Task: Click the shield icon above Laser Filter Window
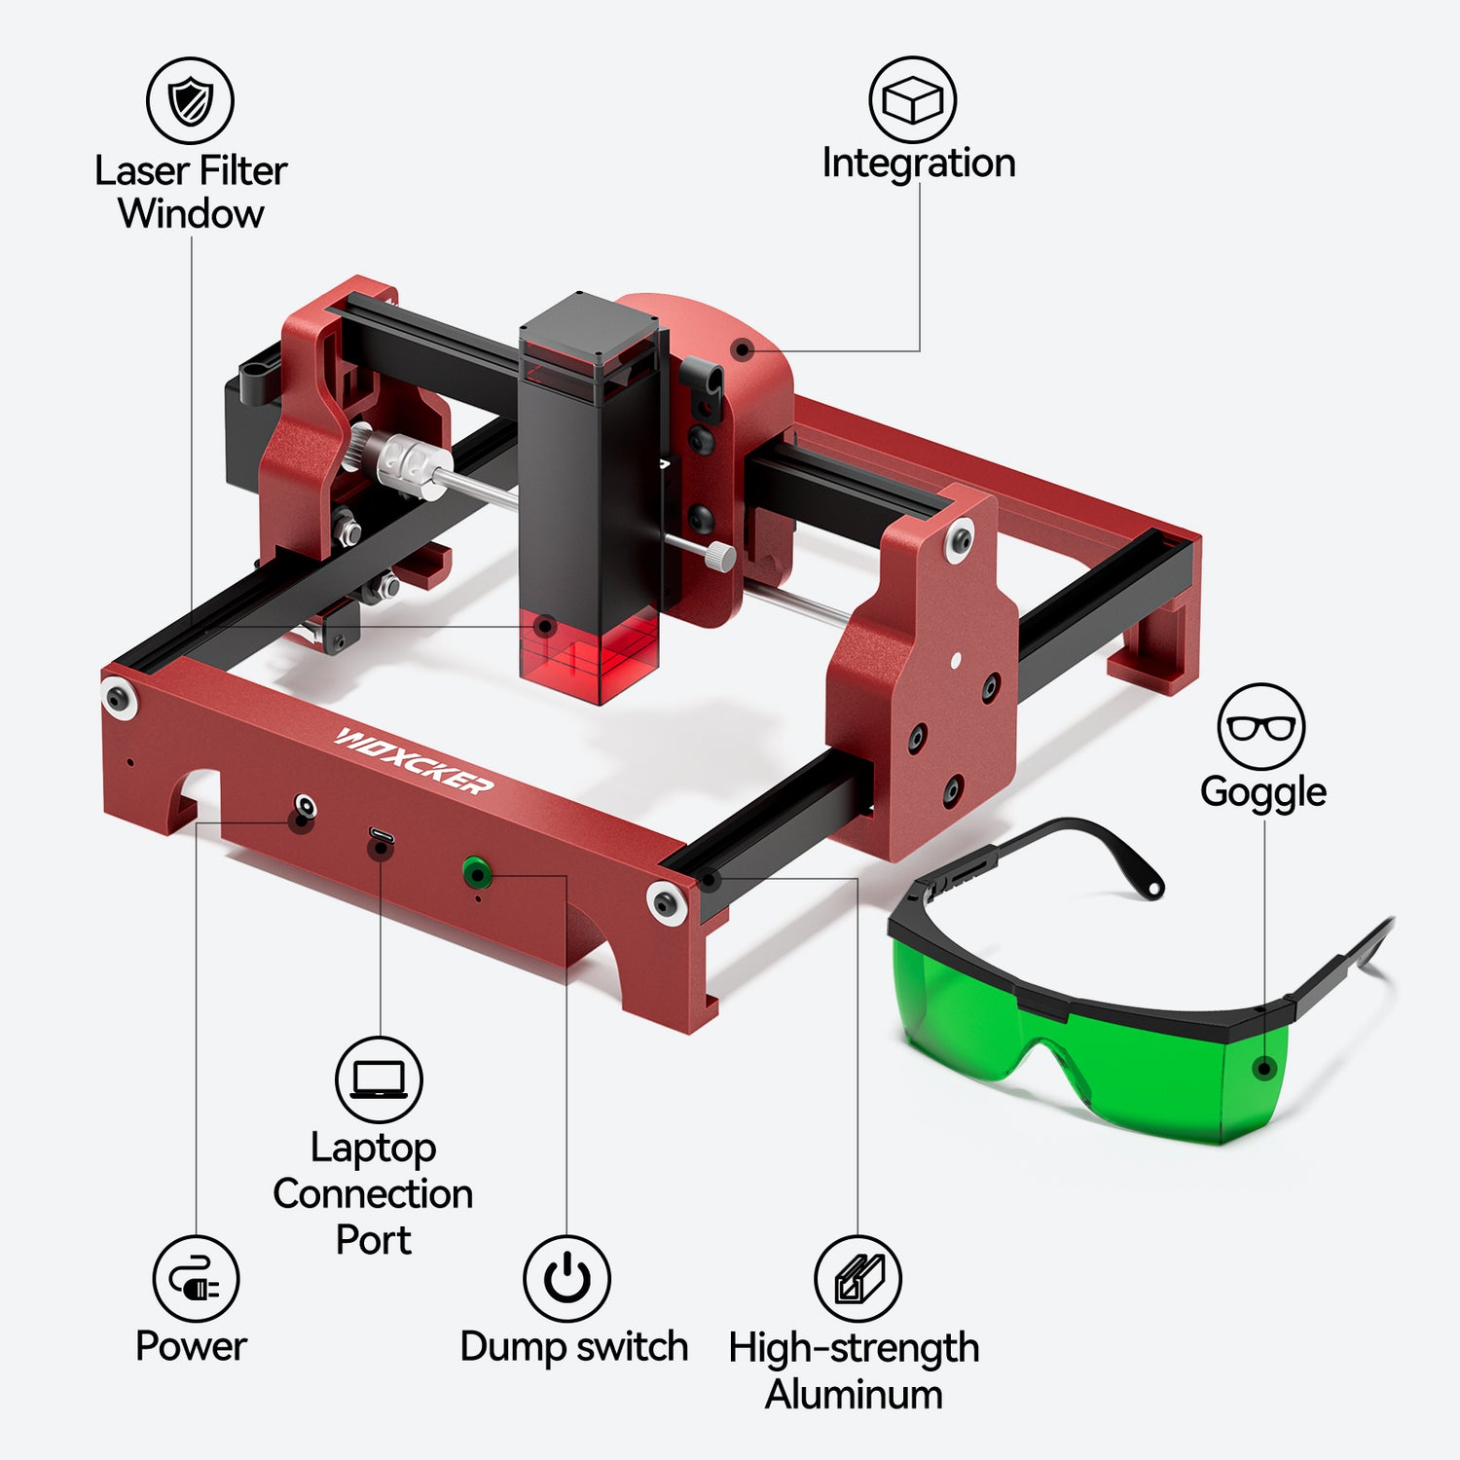[x=190, y=100]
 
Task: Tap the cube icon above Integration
[x=912, y=99]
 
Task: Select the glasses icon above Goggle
[x=1260, y=727]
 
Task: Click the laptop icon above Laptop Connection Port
[x=379, y=1079]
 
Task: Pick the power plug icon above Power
[x=196, y=1279]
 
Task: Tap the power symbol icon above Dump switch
[x=567, y=1279]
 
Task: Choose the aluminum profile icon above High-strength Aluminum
[x=858, y=1279]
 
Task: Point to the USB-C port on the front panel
[x=381, y=836]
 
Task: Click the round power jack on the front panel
[x=305, y=807]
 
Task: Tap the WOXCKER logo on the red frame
[x=414, y=759]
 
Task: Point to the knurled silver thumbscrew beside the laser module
[x=718, y=556]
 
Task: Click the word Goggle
[x=1262, y=791]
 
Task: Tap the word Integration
[x=918, y=163]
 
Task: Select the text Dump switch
[x=573, y=1347]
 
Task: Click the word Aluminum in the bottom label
[x=854, y=1394]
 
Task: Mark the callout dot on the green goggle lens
[x=1264, y=1069]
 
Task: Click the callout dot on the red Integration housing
[x=743, y=349]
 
